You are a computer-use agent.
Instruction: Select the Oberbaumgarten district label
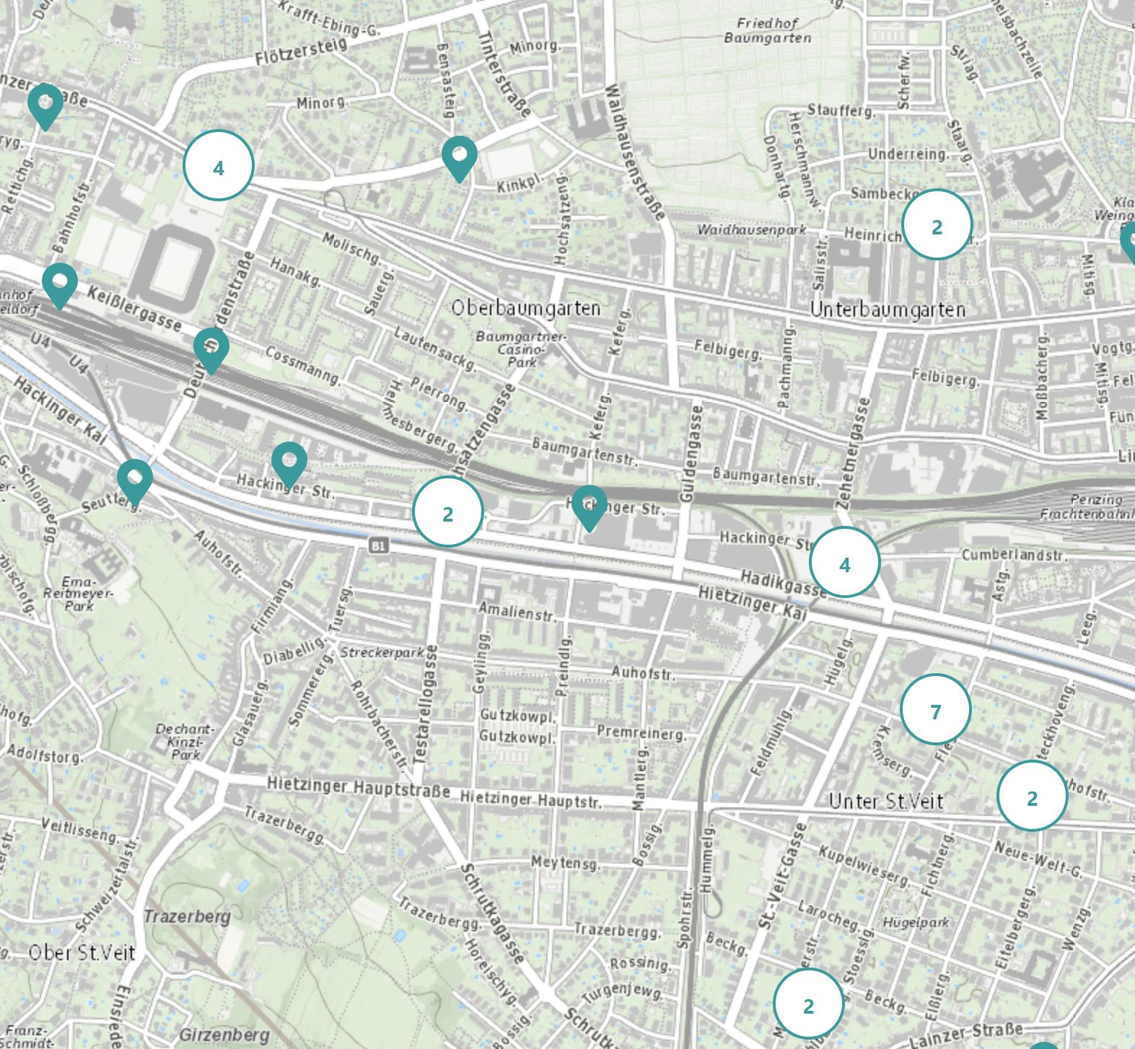[x=526, y=308]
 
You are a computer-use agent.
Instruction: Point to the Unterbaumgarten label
[x=888, y=310]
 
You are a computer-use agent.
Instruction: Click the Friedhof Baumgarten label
[x=768, y=30]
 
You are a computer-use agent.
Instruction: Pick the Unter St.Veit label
[x=886, y=801]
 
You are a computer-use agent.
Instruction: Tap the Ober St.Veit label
[x=82, y=952]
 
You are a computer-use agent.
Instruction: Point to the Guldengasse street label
[x=691, y=454]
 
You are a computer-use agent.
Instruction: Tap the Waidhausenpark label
[x=751, y=229]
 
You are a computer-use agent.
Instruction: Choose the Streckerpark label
[x=382, y=652]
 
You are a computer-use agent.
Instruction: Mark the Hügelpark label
[x=916, y=922]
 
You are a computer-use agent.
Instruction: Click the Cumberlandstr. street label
[x=1014, y=555]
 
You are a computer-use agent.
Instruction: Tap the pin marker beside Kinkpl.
[x=460, y=157]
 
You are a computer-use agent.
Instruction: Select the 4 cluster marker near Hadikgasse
[x=845, y=562]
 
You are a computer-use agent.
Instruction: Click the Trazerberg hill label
[x=187, y=917]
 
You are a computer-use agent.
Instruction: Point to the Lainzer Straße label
[x=967, y=1035]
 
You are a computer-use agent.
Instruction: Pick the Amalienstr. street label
[x=517, y=612]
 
